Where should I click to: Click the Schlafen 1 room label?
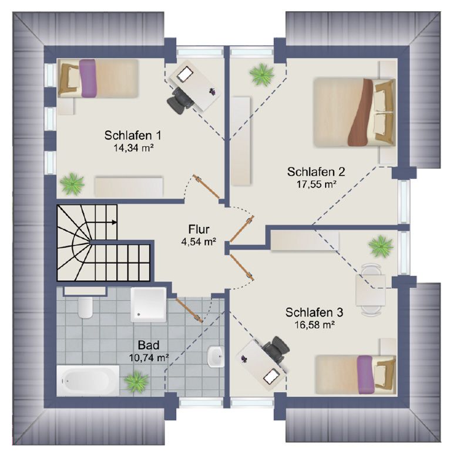pos(133,135)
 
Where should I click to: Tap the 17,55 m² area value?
pos(315,184)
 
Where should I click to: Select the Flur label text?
pos(199,229)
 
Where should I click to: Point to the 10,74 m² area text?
pos(149,358)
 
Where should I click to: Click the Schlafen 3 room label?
pos(314,312)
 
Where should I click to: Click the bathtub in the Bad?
pos(88,380)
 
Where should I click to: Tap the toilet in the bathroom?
pos(85,307)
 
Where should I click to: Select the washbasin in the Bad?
pos(215,357)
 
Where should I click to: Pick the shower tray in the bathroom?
pos(149,305)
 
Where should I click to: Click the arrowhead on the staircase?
pos(114,222)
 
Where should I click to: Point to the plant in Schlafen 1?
pos(72,183)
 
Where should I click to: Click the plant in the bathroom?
pos(137,382)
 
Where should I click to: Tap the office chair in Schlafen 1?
pos(180,100)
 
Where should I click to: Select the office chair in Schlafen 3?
pos(276,348)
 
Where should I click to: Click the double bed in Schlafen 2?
pos(354,112)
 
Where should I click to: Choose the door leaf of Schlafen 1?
pos(207,187)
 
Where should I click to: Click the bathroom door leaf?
pos(189,310)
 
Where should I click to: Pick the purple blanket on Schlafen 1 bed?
pos(89,78)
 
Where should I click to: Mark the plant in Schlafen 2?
pos(262,75)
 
